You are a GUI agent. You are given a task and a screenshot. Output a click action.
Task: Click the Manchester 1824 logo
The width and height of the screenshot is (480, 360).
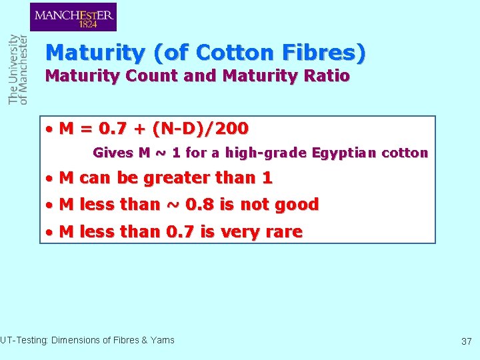(73, 17)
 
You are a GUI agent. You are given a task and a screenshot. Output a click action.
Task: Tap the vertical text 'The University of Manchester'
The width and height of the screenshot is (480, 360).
(18, 69)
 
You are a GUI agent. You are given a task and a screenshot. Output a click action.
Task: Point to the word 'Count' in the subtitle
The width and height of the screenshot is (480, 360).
(155, 76)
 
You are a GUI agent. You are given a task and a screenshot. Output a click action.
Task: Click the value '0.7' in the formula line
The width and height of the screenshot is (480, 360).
(110, 128)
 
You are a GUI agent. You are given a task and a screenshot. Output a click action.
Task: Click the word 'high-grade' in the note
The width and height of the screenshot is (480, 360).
(265, 153)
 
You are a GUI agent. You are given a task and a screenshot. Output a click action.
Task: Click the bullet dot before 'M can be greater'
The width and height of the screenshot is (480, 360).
(49, 179)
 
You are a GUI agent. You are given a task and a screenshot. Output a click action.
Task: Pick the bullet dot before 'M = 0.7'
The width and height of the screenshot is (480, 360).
(49, 129)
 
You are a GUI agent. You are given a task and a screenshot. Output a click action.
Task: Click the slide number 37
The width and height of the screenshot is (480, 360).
(466, 341)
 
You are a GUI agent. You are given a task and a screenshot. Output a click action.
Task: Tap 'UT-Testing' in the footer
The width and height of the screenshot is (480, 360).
(23, 340)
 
